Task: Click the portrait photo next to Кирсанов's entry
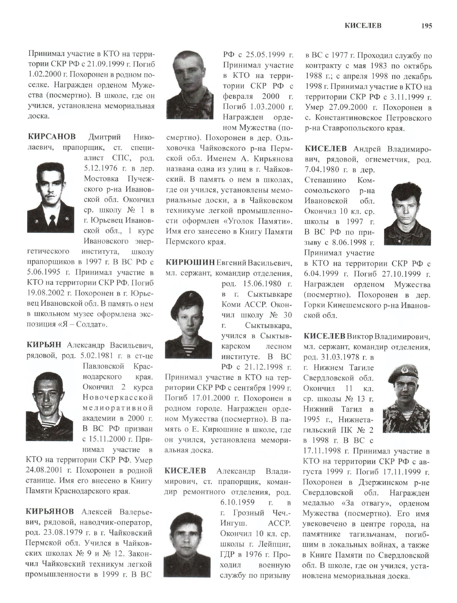coord(51,198)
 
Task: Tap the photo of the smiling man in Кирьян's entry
coord(49,406)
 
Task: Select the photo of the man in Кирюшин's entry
coord(188,324)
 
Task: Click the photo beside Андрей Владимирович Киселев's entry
coord(407,214)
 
